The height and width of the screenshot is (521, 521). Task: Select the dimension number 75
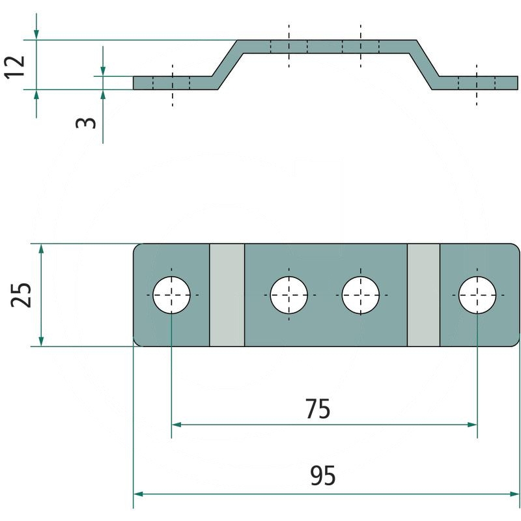pos(318,410)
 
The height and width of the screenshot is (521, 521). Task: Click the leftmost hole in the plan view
pos(172,295)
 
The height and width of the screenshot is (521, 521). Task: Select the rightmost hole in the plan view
pos(477,295)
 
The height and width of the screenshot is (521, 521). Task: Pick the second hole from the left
pos(289,295)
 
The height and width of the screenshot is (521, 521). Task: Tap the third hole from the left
pos(361,295)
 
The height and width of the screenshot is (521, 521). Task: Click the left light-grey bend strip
pos(227,295)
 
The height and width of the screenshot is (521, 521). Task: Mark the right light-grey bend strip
pos(423,295)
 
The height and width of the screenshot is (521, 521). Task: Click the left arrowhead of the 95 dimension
pos(138,494)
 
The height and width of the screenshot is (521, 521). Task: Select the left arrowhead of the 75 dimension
pos(176,425)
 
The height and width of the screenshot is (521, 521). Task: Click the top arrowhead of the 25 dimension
pos(41,249)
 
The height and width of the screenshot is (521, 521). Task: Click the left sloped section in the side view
pos(227,64)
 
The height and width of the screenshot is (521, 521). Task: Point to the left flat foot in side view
pos(173,83)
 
